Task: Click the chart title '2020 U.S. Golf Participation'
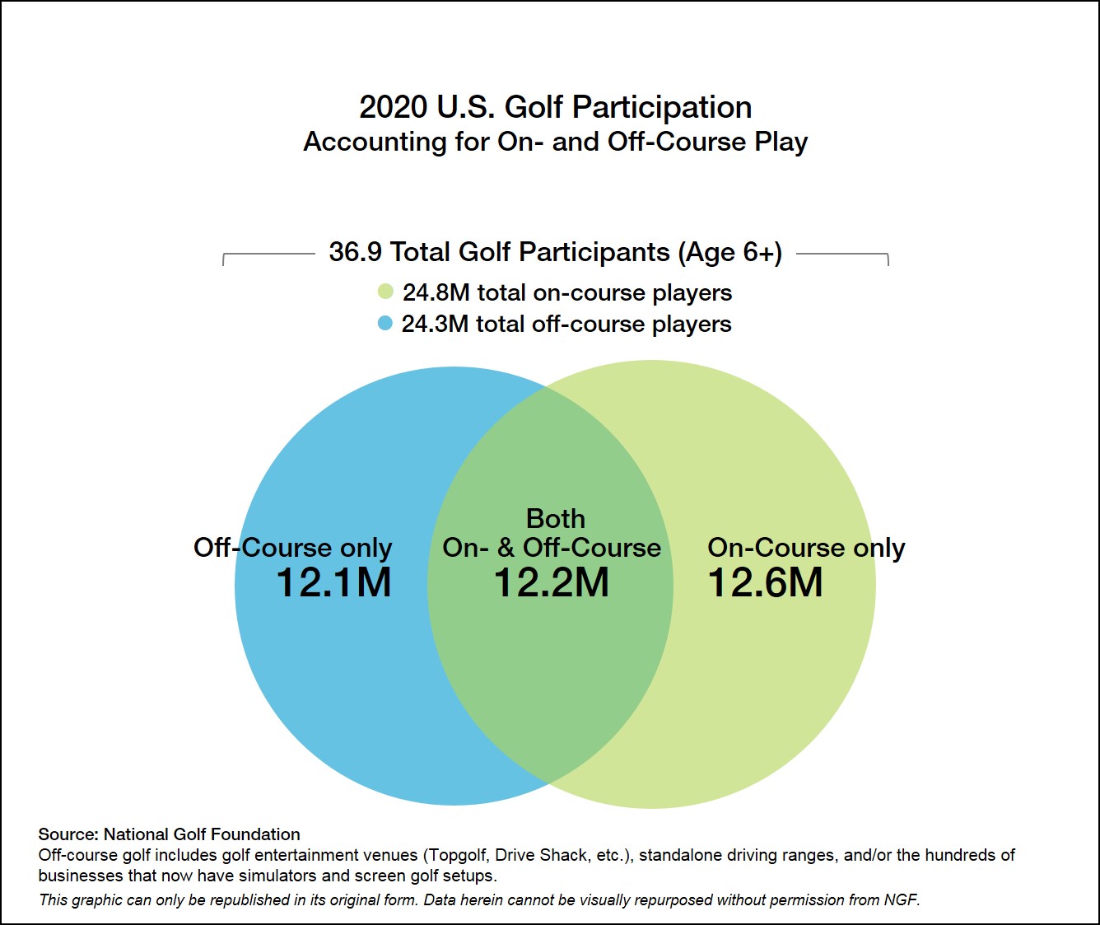pyautogui.click(x=555, y=107)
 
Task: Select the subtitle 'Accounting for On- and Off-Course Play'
pyautogui.click(x=555, y=142)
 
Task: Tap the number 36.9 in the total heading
pyautogui.click(x=355, y=252)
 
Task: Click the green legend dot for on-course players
pyautogui.click(x=385, y=292)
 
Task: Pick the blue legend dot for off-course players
pyautogui.click(x=385, y=323)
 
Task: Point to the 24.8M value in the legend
pyautogui.click(x=436, y=292)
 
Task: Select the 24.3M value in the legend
pyautogui.click(x=435, y=324)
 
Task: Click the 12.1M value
pyautogui.click(x=333, y=583)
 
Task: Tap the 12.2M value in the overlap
pyautogui.click(x=551, y=583)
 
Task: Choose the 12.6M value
pyautogui.click(x=765, y=583)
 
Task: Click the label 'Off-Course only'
pyautogui.click(x=292, y=548)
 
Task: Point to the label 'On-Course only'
pyautogui.click(x=806, y=548)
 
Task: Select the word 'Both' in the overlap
pyautogui.click(x=556, y=519)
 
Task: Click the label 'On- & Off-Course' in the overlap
pyautogui.click(x=552, y=548)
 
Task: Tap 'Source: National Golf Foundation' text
pyautogui.click(x=169, y=834)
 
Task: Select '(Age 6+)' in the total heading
pyautogui.click(x=729, y=252)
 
